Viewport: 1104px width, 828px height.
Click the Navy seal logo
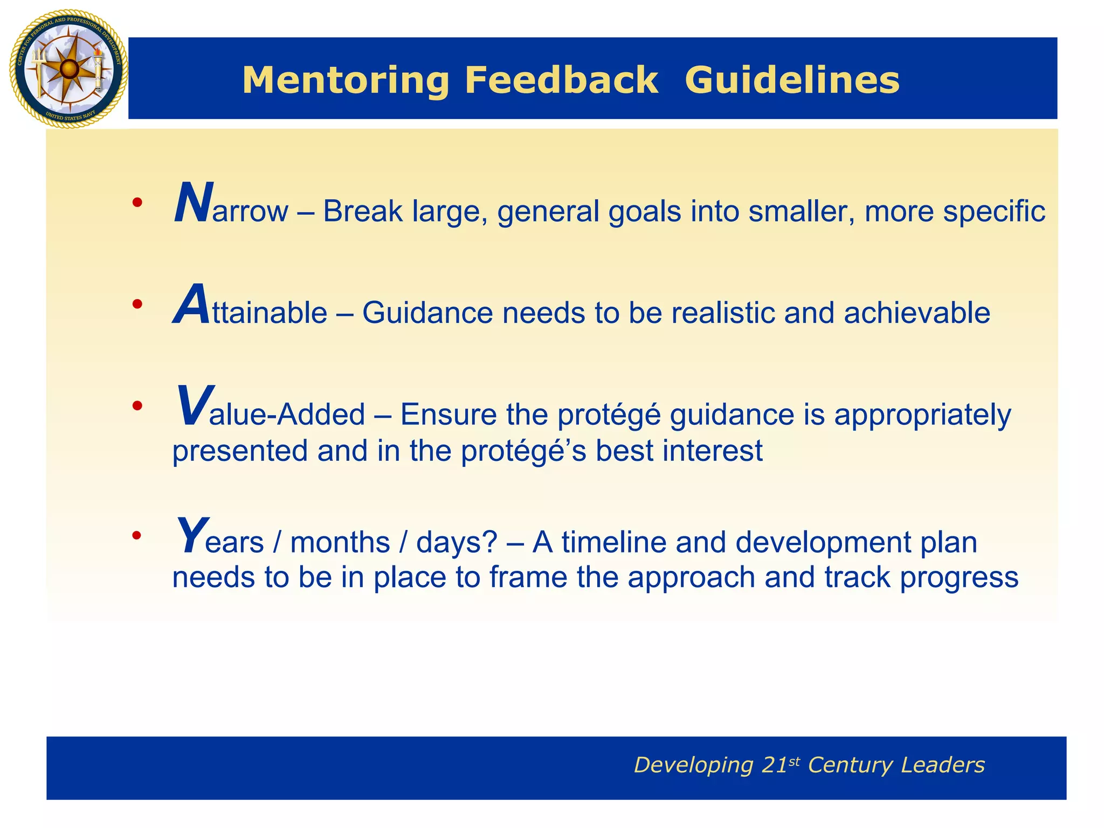click(68, 69)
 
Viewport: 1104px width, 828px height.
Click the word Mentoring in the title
click(346, 80)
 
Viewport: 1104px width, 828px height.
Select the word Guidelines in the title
click(792, 80)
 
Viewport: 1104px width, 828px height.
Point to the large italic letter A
click(191, 306)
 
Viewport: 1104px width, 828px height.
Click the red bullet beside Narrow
click(137, 203)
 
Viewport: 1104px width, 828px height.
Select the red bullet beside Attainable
click(137, 304)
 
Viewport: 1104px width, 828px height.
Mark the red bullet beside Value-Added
click(137, 405)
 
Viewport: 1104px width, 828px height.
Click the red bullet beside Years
click(137, 535)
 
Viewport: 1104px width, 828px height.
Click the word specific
click(994, 211)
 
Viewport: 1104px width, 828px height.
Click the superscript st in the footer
click(794, 761)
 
